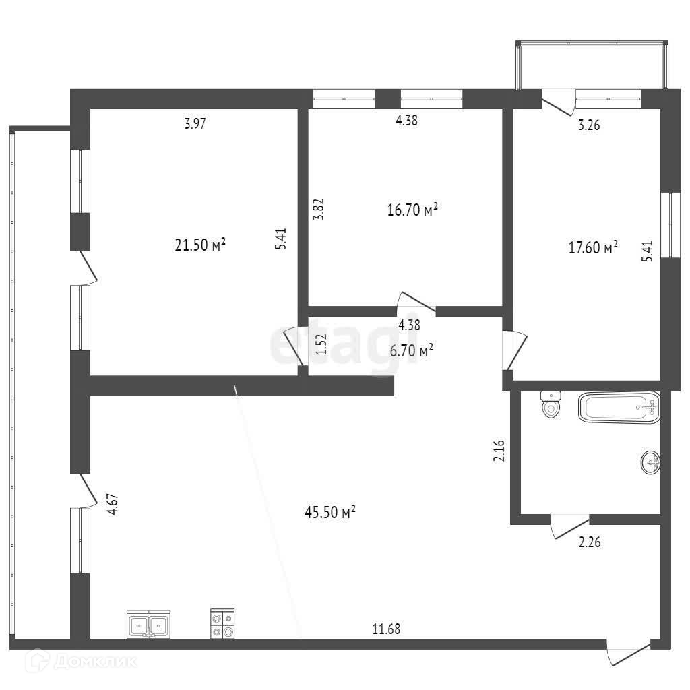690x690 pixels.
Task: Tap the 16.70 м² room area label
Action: coord(413,210)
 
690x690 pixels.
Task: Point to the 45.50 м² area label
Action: coord(330,513)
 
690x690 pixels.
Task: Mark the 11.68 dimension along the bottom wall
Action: coord(387,629)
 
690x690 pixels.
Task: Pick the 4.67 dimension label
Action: coord(114,505)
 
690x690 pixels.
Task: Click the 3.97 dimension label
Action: coord(195,123)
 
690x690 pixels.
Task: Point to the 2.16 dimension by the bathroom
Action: coord(499,450)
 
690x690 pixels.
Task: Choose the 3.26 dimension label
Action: coord(589,125)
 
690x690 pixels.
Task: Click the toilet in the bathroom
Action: coord(551,406)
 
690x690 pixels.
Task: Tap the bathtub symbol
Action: coord(618,408)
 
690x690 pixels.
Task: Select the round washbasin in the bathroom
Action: coord(650,462)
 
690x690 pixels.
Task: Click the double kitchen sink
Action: coord(148,624)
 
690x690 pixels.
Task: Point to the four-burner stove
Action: coord(223,623)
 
